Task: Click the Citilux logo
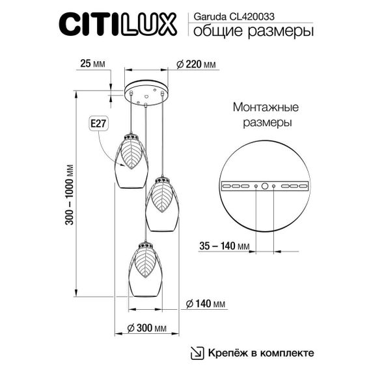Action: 118,25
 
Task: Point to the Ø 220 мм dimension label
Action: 196,64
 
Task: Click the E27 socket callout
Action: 95,122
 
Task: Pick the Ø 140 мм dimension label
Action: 206,304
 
